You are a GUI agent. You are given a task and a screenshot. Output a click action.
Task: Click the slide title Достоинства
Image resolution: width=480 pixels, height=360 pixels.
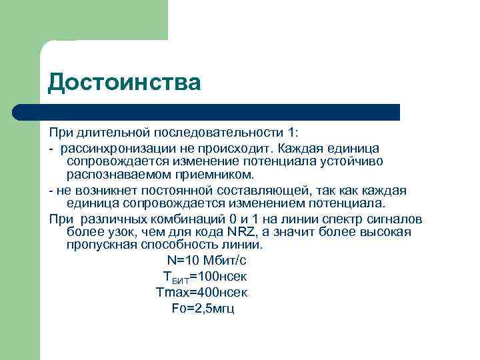pyautogui.click(x=124, y=83)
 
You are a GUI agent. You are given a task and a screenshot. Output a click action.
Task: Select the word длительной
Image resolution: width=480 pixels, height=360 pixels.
pyautogui.click(x=108, y=132)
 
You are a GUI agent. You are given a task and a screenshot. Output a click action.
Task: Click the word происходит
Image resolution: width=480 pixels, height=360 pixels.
pyautogui.click(x=241, y=147)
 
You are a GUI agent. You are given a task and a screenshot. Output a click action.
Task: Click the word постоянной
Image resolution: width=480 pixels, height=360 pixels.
pyautogui.click(x=167, y=191)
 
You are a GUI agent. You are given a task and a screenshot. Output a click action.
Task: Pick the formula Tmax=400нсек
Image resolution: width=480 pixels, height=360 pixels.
pyautogui.click(x=201, y=292)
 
